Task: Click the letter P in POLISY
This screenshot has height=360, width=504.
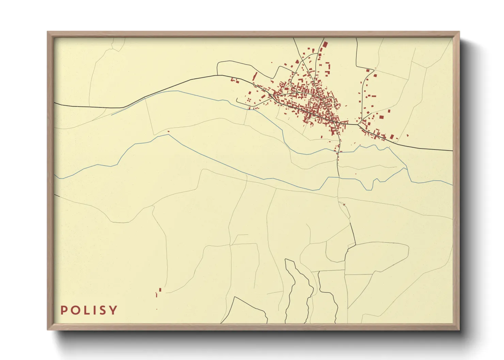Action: [63, 310]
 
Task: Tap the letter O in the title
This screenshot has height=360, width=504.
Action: [75, 310]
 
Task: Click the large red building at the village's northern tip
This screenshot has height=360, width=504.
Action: [325, 45]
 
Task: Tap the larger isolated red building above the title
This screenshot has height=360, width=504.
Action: [160, 290]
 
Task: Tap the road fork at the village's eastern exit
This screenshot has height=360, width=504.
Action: [358, 125]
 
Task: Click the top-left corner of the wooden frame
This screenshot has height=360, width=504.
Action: [47, 32]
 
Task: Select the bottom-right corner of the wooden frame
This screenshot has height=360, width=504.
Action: [459, 330]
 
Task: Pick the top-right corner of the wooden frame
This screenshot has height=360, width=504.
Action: [459, 32]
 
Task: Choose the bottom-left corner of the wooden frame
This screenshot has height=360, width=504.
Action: [47, 330]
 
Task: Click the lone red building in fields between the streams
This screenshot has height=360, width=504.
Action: [168, 131]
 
